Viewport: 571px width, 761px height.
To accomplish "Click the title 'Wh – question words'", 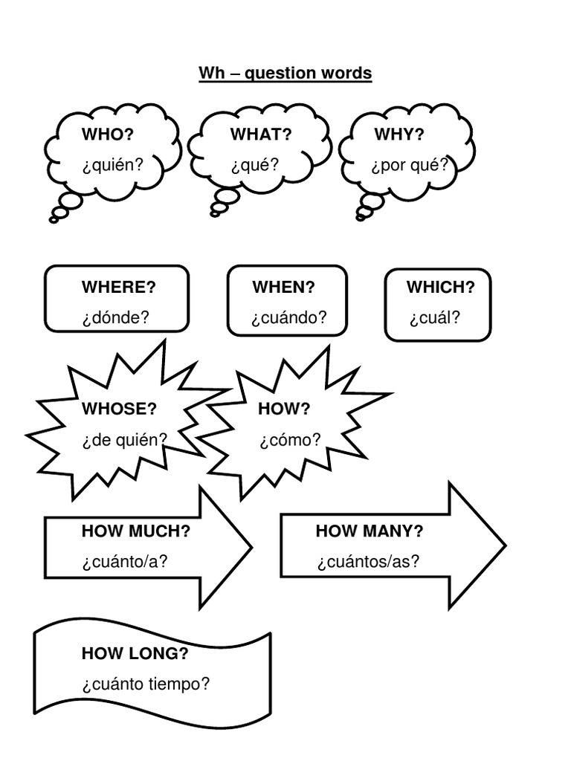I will [285, 74].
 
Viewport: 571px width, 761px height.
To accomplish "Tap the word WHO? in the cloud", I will [108, 135].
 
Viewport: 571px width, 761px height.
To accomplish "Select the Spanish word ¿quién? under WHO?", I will [112, 164].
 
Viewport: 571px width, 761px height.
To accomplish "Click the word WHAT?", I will [260, 135].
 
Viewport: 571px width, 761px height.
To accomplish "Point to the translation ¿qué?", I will [254, 164].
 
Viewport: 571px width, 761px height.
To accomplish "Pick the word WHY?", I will [399, 135].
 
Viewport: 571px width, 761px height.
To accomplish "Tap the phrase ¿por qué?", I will [410, 164].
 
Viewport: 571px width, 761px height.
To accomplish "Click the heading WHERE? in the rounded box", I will [119, 288].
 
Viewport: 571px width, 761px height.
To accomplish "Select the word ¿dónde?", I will [116, 317].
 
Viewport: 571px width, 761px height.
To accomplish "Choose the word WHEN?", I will [283, 288].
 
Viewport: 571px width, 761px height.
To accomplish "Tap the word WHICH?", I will [440, 288].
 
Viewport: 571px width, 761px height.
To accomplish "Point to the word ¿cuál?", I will [434, 317].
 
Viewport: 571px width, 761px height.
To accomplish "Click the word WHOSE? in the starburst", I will [119, 409].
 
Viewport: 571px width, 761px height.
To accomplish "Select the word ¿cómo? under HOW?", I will [290, 440].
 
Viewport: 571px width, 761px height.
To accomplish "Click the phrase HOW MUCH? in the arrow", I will [136, 531].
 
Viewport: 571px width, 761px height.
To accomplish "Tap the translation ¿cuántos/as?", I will [368, 561].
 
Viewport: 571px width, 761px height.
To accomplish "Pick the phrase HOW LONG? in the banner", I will [135, 654].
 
